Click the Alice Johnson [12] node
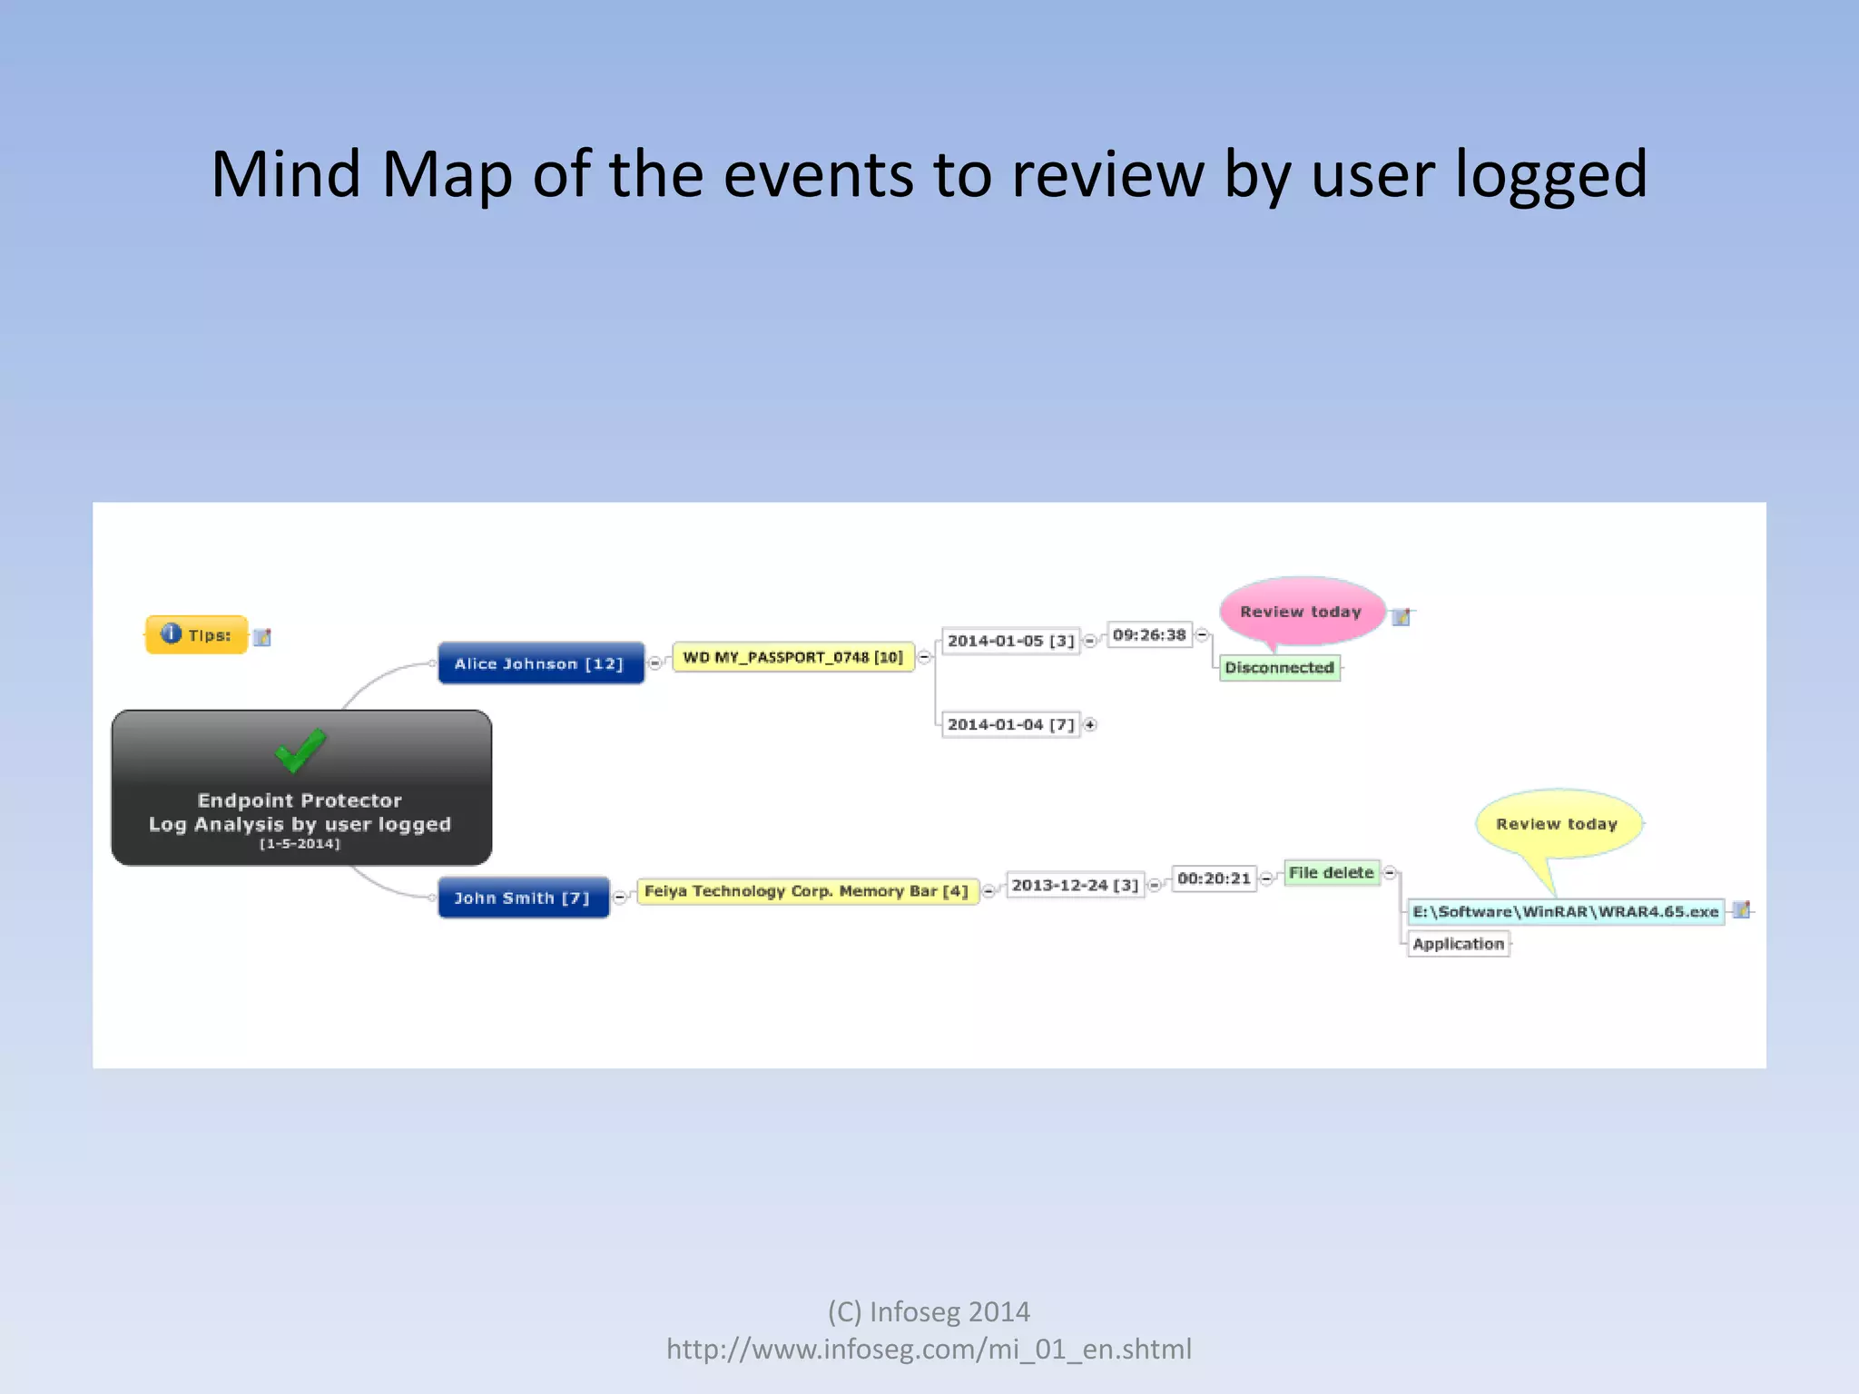pos(540,663)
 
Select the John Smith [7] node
pos(523,898)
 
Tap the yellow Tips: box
pos(197,634)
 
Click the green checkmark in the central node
pos(300,750)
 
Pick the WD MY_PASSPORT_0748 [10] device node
pos(792,657)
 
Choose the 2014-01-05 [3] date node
pos(1010,641)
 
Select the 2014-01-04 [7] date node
pos(1010,724)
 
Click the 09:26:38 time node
pos(1149,634)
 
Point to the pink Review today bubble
pos(1301,612)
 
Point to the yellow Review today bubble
pos(1557,824)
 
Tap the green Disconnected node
pos(1279,668)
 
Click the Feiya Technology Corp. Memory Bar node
pos(806,891)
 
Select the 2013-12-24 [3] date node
pos(1075,885)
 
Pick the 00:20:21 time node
pos(1214,879)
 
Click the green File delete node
pos(1332,873)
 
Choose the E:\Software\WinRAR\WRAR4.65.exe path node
pos(1566,911)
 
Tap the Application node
pos(1458,944)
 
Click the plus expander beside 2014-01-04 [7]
pos(1090,724)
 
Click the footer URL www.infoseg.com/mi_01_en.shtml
pos(929,1350)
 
